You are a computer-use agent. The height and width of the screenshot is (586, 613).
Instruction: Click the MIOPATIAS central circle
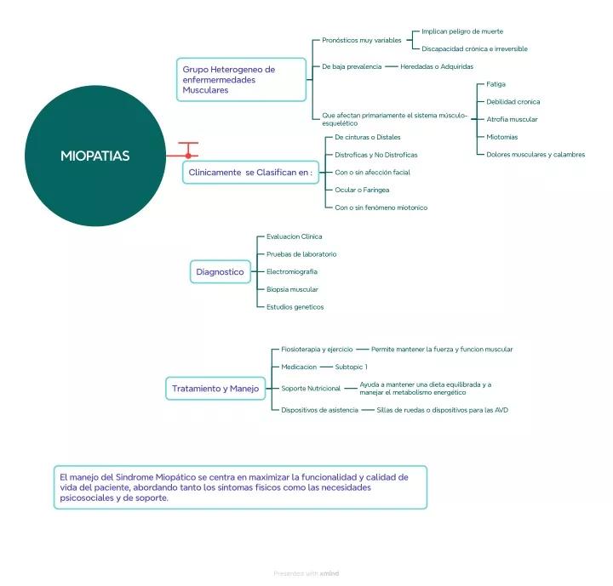pyautogui.click(x=95, y=156)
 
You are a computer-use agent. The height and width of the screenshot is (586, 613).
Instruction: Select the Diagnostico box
pyautogui.click(x=221, y=272)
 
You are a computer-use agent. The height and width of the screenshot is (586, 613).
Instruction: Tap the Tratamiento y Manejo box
pyautogui.click(x=215, y=389)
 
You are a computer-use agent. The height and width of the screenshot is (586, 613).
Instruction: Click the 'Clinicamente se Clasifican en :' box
pyautogui.click(x=250, y=173)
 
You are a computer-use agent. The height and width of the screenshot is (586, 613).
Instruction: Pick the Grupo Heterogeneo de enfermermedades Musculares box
pyautogui.click(x=241, y=80)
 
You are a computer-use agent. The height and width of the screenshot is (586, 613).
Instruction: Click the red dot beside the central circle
pyautogui.click(x=188, y=156)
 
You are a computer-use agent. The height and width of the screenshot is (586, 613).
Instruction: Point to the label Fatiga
pyautogui.click(x=496, y=84)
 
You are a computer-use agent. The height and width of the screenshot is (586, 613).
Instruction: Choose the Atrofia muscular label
pyautogui.click(x=512, y=119)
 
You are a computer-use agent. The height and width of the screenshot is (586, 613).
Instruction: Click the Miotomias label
pyautogui.click(x=502, y=137)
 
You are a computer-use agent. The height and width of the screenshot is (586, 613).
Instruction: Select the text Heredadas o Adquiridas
pyautogui.click(x=437, y=66)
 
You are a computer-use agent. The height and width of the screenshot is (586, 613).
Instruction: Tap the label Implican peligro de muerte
pyautogui.click(x=462, y=31)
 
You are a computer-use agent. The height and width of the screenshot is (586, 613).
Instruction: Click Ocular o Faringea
pyautogui.click(x=362, y=190)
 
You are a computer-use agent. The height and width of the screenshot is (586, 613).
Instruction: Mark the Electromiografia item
pyautogui.click(x=292, y=271)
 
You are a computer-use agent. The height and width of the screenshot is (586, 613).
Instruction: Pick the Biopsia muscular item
pyautogui.click(x=292, y=289)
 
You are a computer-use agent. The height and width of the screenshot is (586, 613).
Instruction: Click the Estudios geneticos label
pyautogui.click(x=295, y=307)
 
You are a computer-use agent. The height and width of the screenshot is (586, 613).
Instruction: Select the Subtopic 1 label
pyautogui.click(x=351, y=367)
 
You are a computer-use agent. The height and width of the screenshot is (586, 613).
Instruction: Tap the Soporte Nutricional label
pyautogui.click(x=311, y=389)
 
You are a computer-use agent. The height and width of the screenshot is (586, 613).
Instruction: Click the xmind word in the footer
pyautogui.click(x=329, y=573)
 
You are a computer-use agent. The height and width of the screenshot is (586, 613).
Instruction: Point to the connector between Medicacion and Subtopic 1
pyautogui.click(x=326, y=367)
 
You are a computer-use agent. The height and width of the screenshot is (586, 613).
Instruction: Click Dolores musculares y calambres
pyautogui.click(x=536, y=154)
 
